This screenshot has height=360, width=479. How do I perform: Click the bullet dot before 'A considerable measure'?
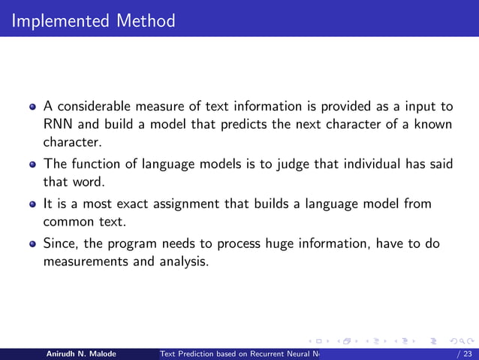coord(32,107)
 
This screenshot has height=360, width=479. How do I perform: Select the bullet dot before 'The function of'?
coord(32,165)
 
